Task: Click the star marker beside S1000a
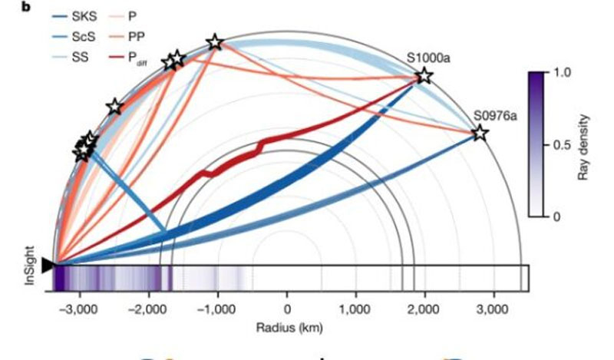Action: [423, 76]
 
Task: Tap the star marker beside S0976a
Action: [479, 134]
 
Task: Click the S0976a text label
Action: [495, 115]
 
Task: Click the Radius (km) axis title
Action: [286, 326]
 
